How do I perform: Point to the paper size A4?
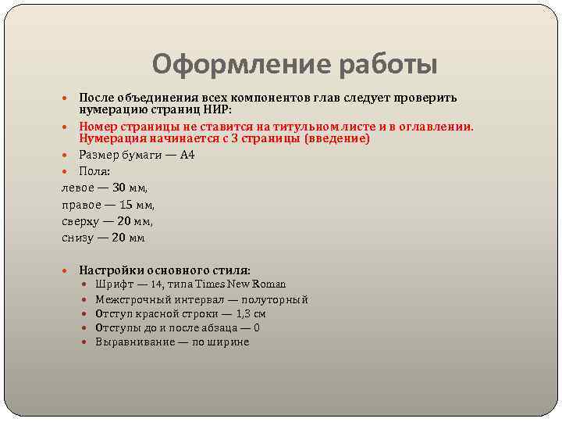pyautogui.click(x=187, y=155)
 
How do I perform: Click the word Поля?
pyautogui.click(x=94, y=171)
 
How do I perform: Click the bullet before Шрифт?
pyautogui.click(x=87, y=284)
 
